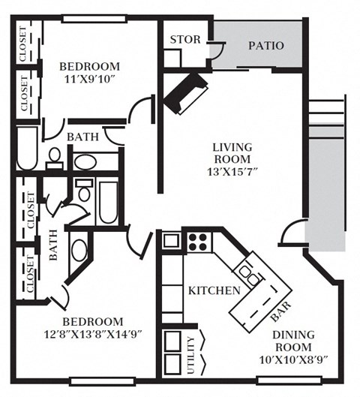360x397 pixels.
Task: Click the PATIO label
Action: click(x=266, y=46)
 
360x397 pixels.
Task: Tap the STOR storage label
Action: click(x=184, y=40)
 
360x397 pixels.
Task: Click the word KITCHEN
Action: click(x=214, y=290)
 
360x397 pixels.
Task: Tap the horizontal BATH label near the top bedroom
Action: click(x=81, y=137)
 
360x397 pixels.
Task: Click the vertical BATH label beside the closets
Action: click(x=53, y=245)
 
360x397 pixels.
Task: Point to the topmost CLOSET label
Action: click(x=23, y=46)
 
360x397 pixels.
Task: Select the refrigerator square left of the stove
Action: click(x=172, y=241)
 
